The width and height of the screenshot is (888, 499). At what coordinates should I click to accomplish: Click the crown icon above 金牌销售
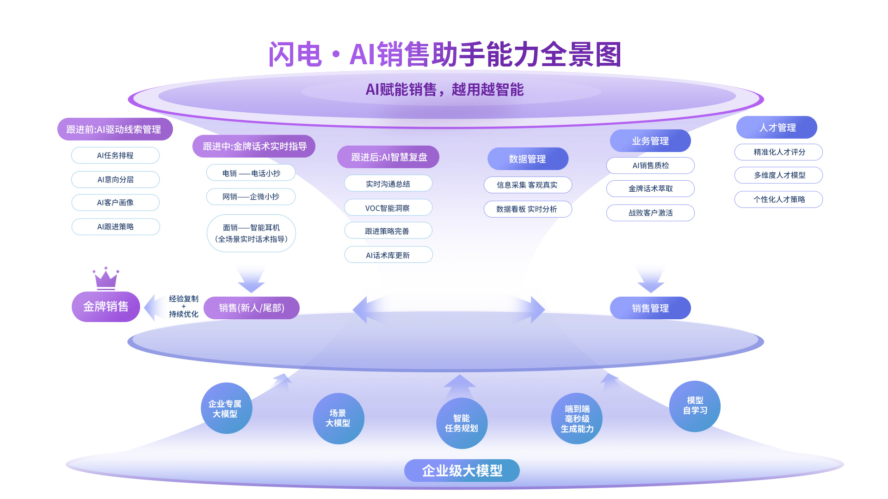coord(106,279)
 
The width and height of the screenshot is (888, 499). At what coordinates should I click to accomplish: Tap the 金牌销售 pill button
coord(105,307)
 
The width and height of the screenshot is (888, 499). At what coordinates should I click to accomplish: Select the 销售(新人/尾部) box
coord(252,308)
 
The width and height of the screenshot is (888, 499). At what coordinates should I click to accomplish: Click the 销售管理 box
coord(650,308)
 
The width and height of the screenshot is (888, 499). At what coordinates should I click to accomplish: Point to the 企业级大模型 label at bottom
coord(462,470)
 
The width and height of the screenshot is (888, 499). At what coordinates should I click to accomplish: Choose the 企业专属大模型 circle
coord(226,408)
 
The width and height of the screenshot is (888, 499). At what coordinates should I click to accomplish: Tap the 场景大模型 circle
coord(338,419)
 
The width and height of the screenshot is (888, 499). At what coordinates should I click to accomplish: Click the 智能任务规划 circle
coord(462,423)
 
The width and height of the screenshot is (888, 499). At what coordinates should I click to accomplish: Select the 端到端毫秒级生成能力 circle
coord(577,419)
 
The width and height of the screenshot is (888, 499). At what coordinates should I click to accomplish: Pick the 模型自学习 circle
coord(695,406)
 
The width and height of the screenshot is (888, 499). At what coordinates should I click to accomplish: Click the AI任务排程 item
coord(115,156)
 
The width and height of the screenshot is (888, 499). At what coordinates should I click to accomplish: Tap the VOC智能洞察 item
coord(388,208)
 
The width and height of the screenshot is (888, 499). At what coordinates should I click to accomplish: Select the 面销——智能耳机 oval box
coord(251,233)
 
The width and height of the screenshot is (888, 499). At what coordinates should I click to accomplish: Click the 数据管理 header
coord(528,159)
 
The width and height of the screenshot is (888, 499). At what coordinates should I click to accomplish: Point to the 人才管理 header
coord(777,128)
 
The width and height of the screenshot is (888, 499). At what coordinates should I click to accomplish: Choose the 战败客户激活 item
coord(650,213)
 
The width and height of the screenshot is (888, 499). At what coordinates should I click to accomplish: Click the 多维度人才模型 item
coord(779,176)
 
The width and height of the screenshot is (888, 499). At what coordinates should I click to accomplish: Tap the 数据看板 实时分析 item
coord(527,209)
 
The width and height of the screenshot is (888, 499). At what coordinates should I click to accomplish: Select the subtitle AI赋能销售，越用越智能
coord(444,90)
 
